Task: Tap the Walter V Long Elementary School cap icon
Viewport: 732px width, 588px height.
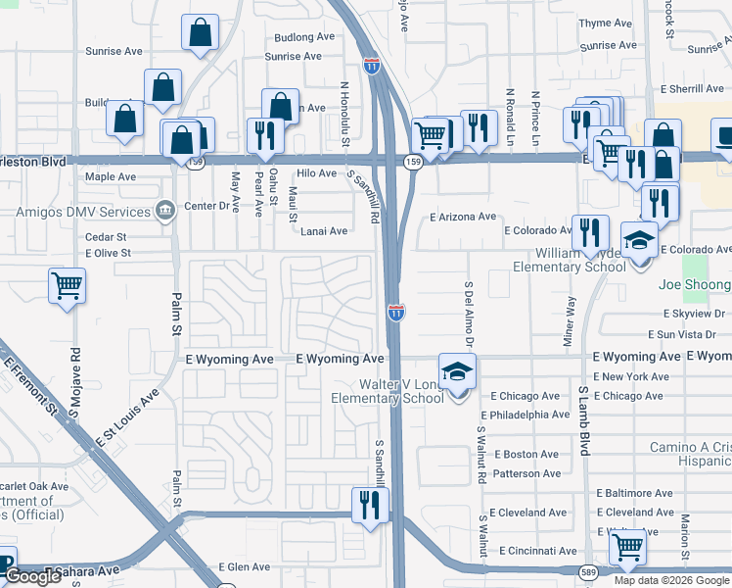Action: click(457, 371)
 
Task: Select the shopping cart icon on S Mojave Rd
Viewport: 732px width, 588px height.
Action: click(68, 286)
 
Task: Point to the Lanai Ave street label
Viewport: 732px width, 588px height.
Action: click(324, 231)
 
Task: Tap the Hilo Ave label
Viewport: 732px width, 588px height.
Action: click(316, 173)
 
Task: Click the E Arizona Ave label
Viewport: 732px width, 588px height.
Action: click(463, 217)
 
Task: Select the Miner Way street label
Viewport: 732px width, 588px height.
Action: click(570, 320)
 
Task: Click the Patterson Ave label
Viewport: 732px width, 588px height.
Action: click(527, 473)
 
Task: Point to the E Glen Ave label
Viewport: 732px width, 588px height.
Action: click(244, 566)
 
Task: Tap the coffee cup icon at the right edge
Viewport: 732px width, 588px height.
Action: click(723, 136)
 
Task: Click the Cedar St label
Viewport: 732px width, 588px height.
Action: click(106, 237)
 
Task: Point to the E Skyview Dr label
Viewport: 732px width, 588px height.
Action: click(695, 314)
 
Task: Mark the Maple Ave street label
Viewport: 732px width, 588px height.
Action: click(111, 177)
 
